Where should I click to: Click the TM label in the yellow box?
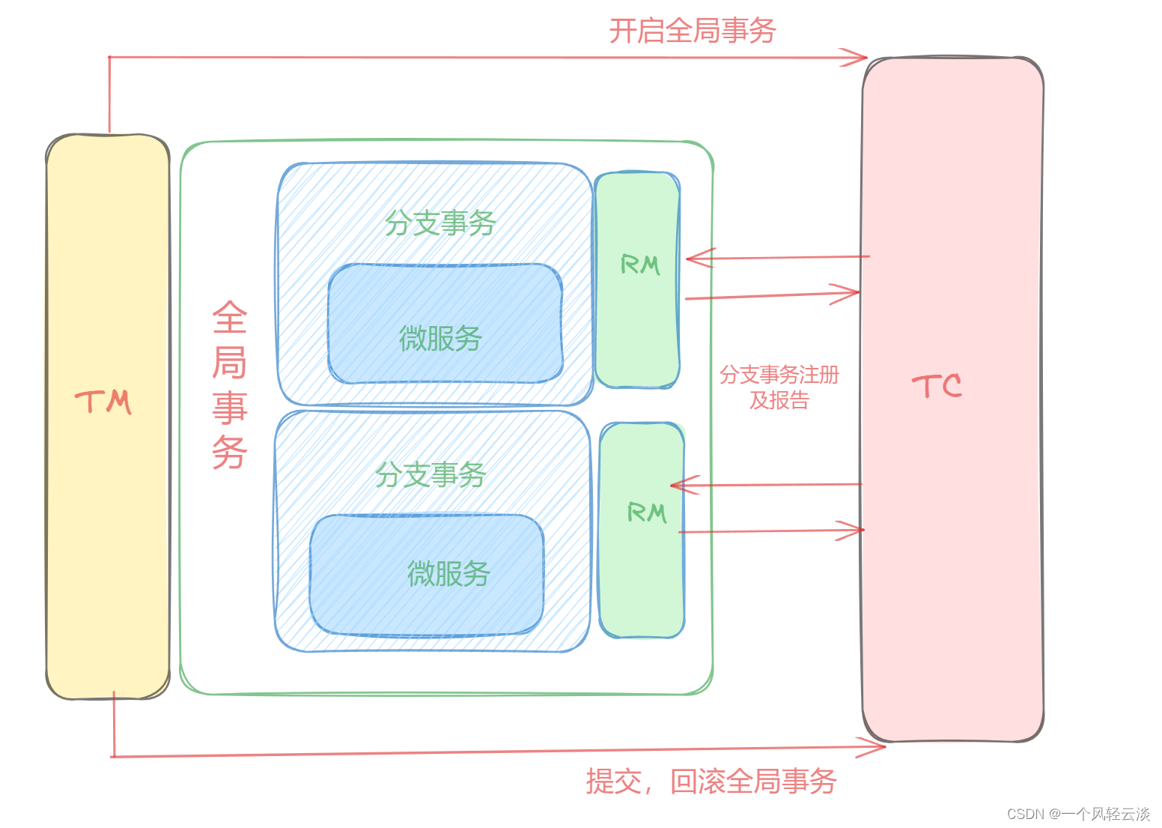pos(103,402)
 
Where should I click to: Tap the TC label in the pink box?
pos(937,387)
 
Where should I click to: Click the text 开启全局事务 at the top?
pos(692,31)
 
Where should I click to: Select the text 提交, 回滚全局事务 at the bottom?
pos(711,782)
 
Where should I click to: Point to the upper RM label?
pos(640,265)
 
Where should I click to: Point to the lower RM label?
pos(646,513)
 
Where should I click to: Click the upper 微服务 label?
pos(440,339)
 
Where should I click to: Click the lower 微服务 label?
pos(448,574)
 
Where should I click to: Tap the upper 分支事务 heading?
pos(440,223)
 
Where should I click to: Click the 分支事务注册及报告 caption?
pos(779,387)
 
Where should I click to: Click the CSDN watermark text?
pos(1077,814)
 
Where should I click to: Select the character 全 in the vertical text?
pos(229,318)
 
